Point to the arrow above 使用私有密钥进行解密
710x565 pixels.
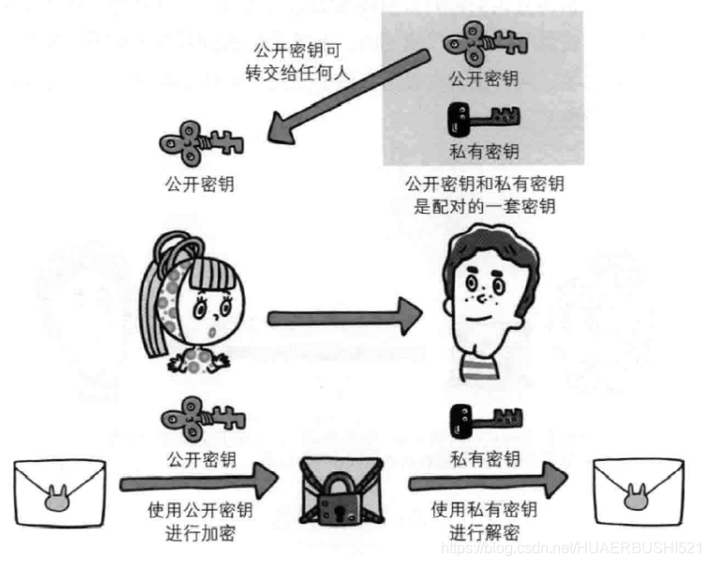(x=488, y=483)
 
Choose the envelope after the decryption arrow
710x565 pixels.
(x=638, y=486)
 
